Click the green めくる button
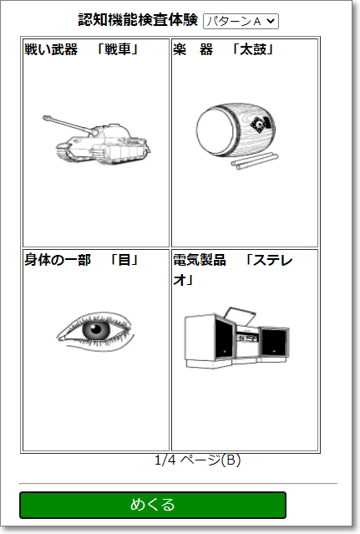point(153,505)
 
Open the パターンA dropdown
point(241,21)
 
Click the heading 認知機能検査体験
point(138,20)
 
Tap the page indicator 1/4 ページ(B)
point(198,460)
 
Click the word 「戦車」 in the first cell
point(118,49)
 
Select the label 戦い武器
point(51,49)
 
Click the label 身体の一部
point(58,260)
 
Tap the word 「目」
point(124,260)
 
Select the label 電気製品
point(200,260)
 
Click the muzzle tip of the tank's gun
point(45,118)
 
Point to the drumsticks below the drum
point(255,160)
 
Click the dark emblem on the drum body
point(262,125)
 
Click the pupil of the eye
point(95,329)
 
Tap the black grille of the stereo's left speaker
point(224,338)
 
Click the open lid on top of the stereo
point(241,316)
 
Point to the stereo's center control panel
point(247,338)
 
